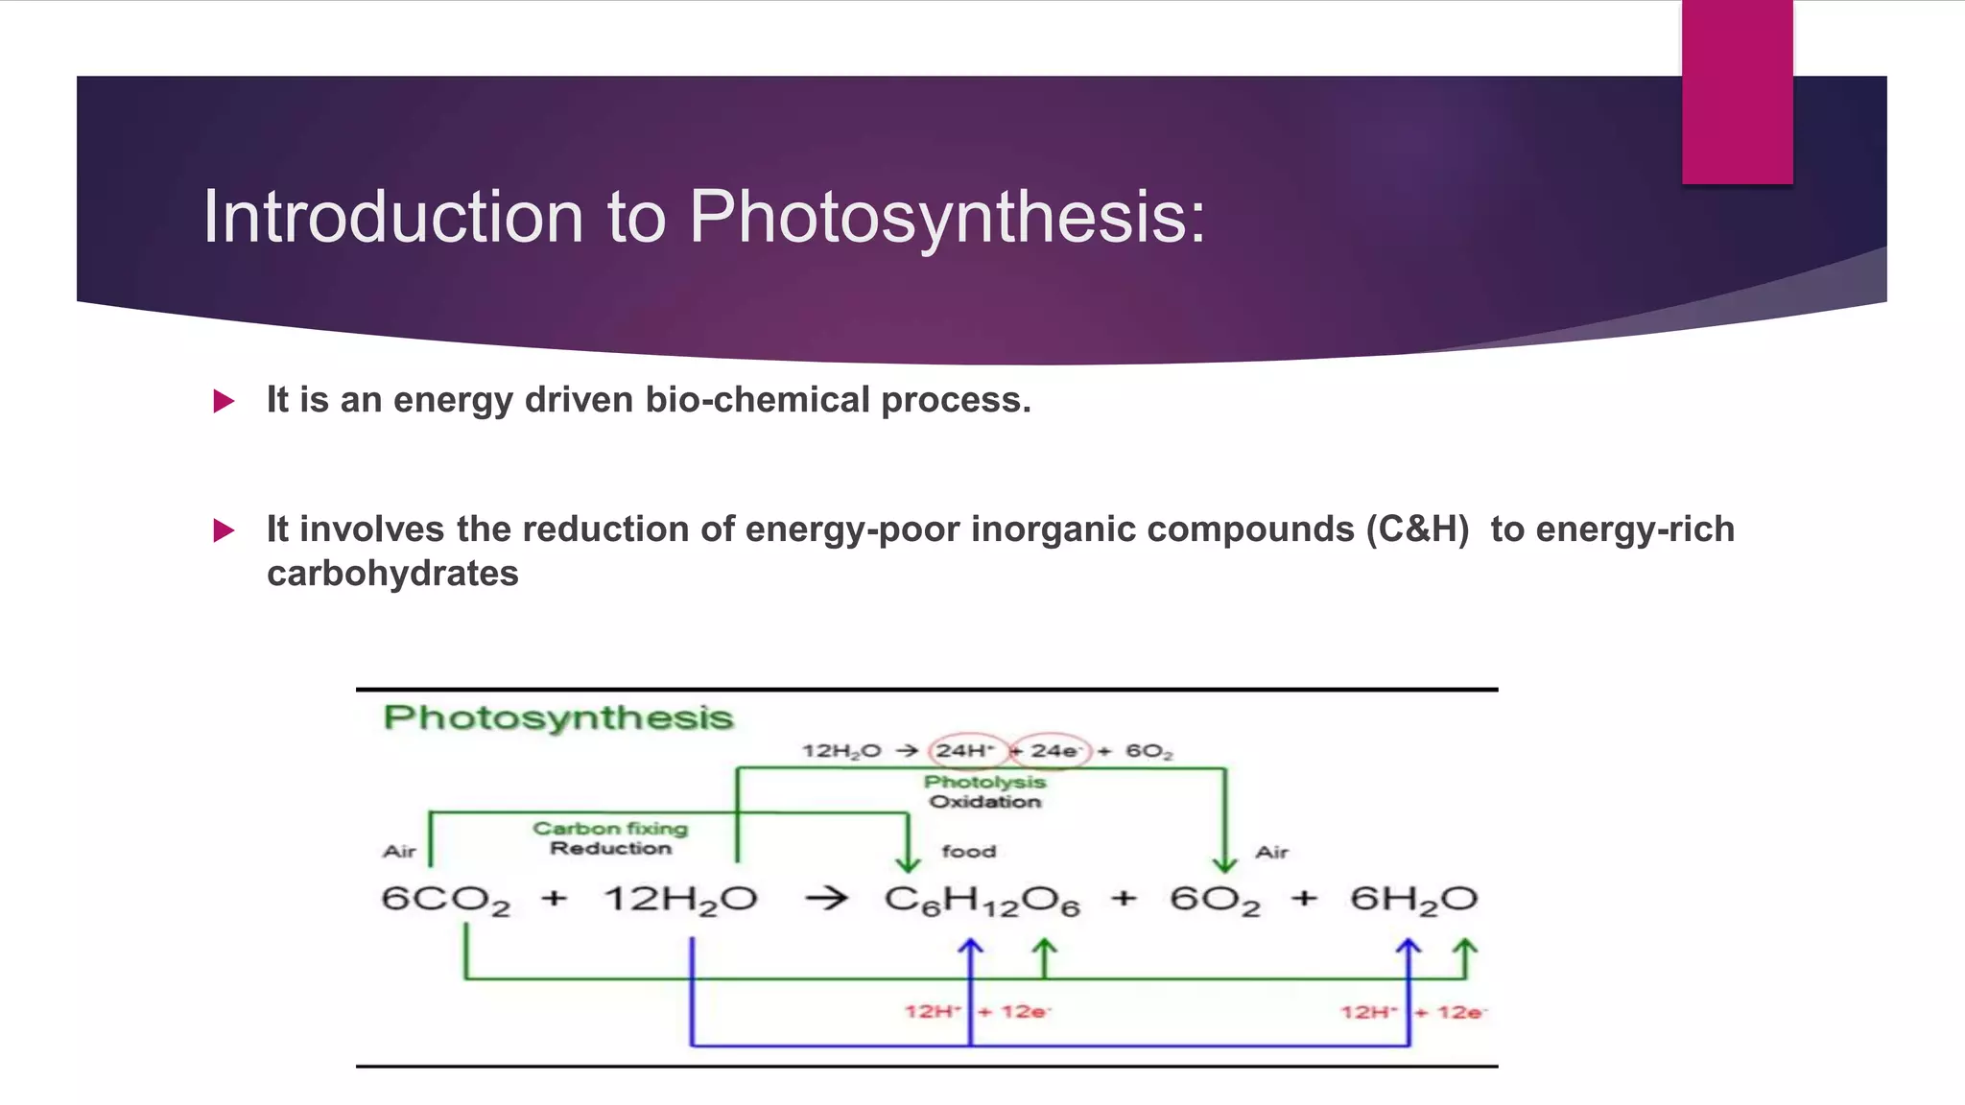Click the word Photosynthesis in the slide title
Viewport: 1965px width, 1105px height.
[948, 218]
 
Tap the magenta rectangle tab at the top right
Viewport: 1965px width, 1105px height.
[1737, 92]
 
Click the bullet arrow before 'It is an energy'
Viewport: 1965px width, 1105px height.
[224, 401]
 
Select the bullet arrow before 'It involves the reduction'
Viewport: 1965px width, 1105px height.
[224, 530]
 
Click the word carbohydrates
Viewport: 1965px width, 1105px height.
[392, 574]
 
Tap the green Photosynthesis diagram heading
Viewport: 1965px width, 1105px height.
[557, 717]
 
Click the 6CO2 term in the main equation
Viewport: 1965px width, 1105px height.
[445, 900]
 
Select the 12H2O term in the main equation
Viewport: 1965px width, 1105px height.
[680, 900]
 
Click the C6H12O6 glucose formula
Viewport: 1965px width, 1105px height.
[982, 900]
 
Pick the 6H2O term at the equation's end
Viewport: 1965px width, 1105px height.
[1413, 900]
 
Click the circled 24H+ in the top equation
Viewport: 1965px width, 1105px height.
[965, 750]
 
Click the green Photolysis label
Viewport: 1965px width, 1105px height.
[984, 782]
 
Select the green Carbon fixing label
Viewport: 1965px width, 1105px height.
[610, 828]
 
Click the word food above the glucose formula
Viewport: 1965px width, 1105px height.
[969, 851]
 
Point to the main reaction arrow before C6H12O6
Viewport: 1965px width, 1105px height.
[826, 899]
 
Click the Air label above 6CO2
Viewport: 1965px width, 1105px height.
[399, 851]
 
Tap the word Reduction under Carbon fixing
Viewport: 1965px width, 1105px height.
[610, 848]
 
